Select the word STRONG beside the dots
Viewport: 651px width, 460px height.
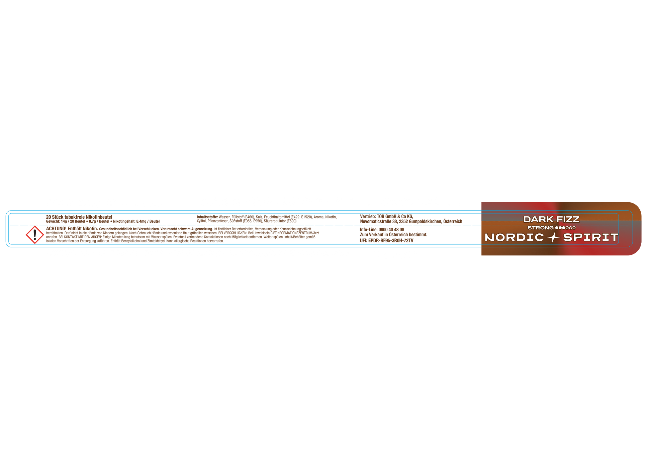(x=540, y=228)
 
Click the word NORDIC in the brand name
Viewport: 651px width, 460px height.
(x=514, y=237)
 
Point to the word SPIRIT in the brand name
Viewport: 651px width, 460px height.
(x=590, y=237)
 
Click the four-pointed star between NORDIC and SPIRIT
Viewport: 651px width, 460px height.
(x=554, y=237)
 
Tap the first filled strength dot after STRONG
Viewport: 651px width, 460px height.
(x=556, y=228)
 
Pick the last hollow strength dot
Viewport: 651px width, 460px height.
(x=574, y=228)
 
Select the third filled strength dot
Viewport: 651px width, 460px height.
(x=563, y=228)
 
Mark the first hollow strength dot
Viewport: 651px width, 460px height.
(x=567, y=228)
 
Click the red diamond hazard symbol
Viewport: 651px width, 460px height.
(x=35, y=235)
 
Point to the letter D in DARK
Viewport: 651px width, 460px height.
(x=527, y=219)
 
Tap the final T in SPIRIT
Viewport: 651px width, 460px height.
(x=614, y=237)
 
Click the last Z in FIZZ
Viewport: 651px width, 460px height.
(x=576, y=219)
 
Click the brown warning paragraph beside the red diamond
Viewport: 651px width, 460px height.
(x=181, y=234)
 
